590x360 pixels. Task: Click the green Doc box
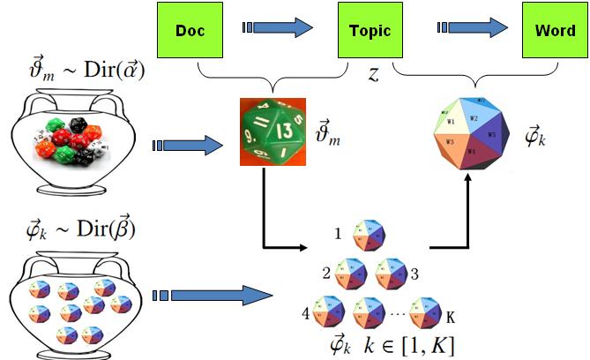click(x=190, y=30)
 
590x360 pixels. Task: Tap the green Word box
click(x=555, y=30)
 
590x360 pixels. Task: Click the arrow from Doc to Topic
click(x=280, y=29)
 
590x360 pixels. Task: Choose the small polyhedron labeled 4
click(x=328, y=314)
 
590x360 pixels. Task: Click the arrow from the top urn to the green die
click(x=185, y=144)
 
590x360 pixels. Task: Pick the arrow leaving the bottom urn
click(x=212, y=295)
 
